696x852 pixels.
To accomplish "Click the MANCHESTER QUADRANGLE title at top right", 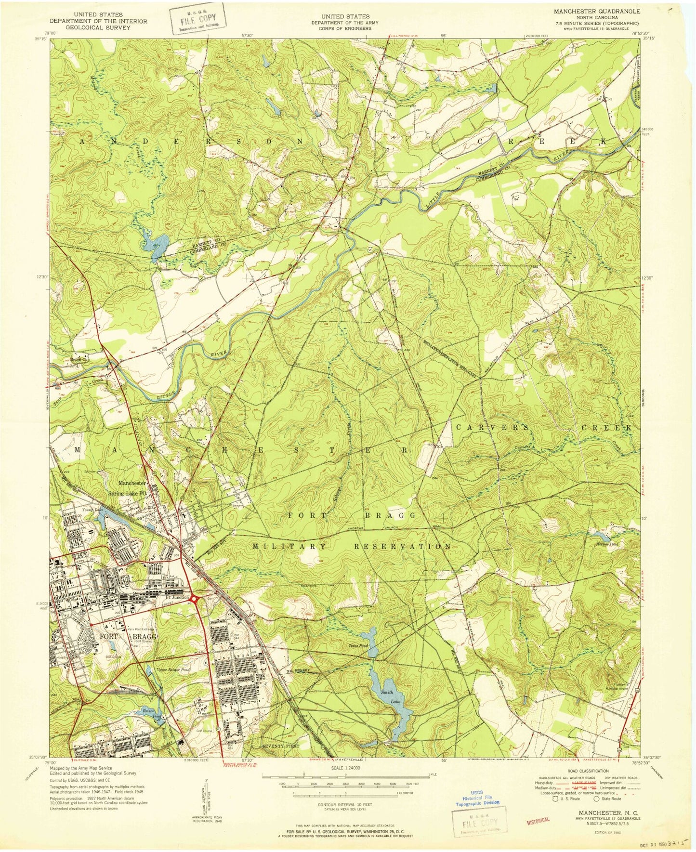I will [x=597, y=11].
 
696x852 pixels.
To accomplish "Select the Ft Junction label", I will [x=174, y=597].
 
